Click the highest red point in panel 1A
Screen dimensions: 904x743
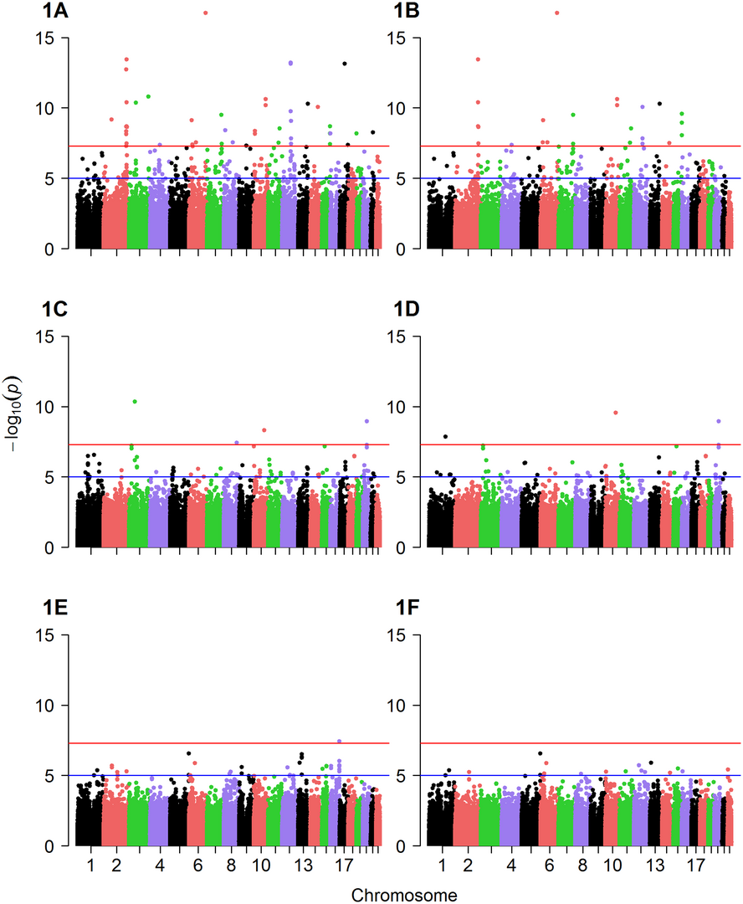206,13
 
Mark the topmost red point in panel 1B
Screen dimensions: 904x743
557,13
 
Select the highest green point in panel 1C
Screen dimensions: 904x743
135,402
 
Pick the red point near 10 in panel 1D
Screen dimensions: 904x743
616,413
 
